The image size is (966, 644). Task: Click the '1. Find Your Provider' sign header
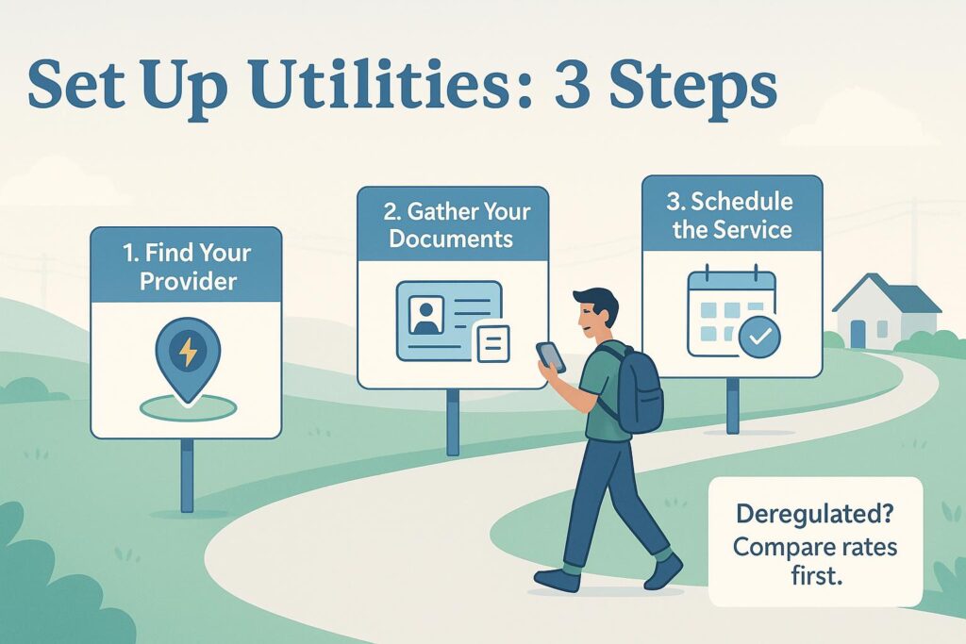[x=186, y=265]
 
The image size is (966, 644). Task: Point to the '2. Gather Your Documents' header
[x=453, y=224]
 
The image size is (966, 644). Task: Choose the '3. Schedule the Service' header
[x=732, y=215]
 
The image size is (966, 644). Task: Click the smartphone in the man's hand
[x=550, y=356]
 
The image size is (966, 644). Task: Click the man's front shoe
[x=558, y=578]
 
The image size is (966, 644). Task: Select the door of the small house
[x=858, y=334]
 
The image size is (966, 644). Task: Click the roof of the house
[x=887, y=294]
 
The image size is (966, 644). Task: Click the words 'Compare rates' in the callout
[x=815, y=546]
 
